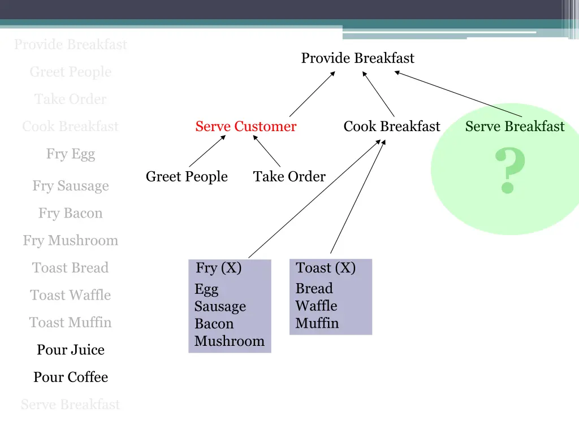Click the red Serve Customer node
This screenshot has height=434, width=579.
(245, 127)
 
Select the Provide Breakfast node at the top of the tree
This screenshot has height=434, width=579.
(357, 58)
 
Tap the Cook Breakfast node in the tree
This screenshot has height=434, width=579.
(391, 127)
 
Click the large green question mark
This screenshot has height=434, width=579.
(510, 171)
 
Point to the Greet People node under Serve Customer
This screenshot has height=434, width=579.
(187, 177)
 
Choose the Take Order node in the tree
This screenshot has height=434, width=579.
(289, 177)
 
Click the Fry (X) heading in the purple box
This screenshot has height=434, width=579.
(218, 268)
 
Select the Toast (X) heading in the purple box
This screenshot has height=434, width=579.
(326, 268)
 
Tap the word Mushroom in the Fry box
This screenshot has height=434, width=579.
(229, 341)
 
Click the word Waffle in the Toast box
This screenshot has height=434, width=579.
(316, 306)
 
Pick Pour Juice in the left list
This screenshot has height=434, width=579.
(71, 350)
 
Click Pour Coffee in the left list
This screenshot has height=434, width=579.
(71, 377)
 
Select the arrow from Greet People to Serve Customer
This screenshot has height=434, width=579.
(207, 151)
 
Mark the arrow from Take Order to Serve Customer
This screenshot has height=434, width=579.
(266, 151)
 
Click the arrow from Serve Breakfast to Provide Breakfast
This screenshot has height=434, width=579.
(458, 94)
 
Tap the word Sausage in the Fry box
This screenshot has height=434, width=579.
(220, 307)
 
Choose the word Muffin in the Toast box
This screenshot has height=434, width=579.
(317, 324)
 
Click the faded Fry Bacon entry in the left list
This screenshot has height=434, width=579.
(71, 213)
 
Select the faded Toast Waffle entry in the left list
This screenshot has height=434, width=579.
(71, 295)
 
